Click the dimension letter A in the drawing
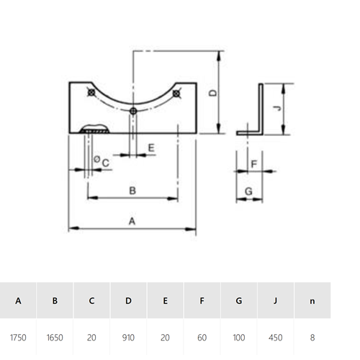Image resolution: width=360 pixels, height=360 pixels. pyautogui.click(x=132, y=221)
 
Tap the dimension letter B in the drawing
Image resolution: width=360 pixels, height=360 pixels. pyautogui.click(x=132, y=191)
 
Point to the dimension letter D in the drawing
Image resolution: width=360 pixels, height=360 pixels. pyautogui.click(x=213, y=93)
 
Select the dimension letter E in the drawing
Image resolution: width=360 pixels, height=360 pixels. pyautogui.click(x=151, y=148)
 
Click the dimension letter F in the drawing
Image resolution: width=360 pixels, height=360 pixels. pyautogui.click(x=254, y=164)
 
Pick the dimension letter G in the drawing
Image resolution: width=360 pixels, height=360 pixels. pyautogui.click(x=248, y=192)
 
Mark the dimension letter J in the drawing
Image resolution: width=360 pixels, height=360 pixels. pyautogui.click(x=278, y=108)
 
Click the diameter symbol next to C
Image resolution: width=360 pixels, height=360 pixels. pyautogui.click(x=96, y=159)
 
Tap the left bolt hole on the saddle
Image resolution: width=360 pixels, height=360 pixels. pyautogui.click(x=91, y=92)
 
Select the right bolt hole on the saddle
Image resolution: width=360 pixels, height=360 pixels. pyautogui.click(x=176, y=94)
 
